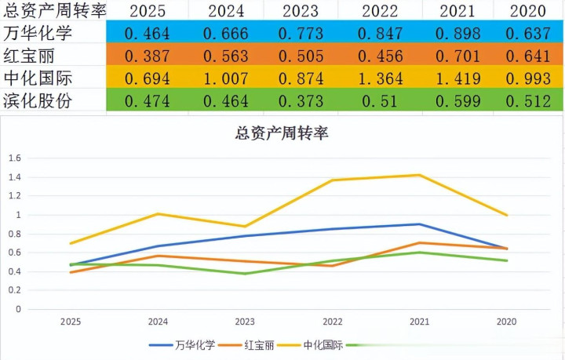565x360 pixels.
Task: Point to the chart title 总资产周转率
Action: tap(282, 133)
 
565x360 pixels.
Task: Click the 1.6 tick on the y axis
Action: tap(15, 158)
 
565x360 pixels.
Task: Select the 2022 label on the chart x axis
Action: tap(333, 321)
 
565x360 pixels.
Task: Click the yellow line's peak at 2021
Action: tap(421, 175)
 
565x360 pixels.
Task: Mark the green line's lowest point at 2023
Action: tap(246, 274)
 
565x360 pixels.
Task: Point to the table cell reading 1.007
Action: tap(225, 79)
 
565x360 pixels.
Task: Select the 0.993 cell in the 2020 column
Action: tap(527, 79)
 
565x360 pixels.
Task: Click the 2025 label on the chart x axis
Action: tap(71, 321)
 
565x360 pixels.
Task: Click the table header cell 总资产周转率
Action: tap(53, 11)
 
